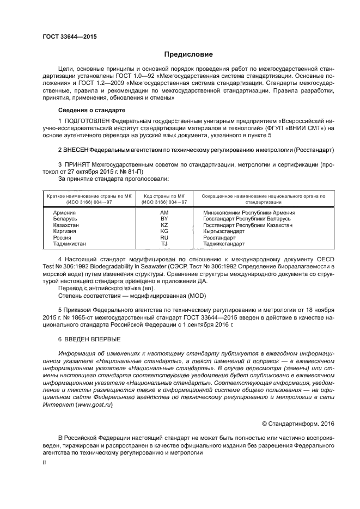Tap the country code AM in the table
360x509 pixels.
coord(164,212)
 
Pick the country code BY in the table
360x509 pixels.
coord(164,218)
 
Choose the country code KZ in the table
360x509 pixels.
coord(164,224)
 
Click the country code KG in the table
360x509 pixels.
coord(164,231)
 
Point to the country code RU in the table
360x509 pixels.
coord(164,237)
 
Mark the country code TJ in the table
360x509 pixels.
coord(164,243)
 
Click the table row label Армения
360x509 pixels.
coord(64,212)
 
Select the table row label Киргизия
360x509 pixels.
coord(65,231)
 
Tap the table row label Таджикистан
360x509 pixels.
coord(69,243)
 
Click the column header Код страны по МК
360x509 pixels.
coord(164,195)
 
